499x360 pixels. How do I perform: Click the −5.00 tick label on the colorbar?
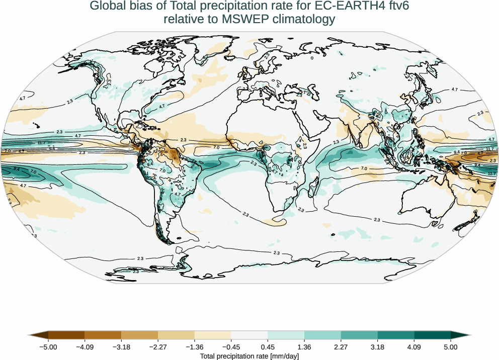48,347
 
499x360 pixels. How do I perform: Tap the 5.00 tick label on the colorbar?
451,347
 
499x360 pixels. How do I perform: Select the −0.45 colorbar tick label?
231,347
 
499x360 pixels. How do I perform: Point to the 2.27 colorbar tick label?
341,347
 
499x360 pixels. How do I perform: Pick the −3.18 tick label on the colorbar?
121,347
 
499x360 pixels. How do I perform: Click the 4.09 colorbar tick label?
414,347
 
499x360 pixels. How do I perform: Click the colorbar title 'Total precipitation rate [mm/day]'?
249,356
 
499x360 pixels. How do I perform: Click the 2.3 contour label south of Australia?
377,220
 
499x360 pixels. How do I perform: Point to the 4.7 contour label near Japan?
454,89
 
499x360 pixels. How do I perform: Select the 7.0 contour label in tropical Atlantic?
216,147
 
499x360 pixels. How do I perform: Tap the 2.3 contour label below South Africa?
301,209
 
